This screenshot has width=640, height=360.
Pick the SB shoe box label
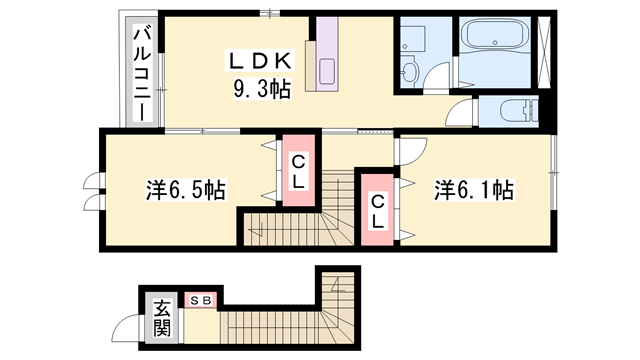[199, 299]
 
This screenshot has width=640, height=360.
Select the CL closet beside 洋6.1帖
[378, 211]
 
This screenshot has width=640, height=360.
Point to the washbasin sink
[411, 69]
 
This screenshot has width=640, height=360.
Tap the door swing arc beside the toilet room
[461, 115]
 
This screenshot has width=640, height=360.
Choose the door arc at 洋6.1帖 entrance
[410, 150]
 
